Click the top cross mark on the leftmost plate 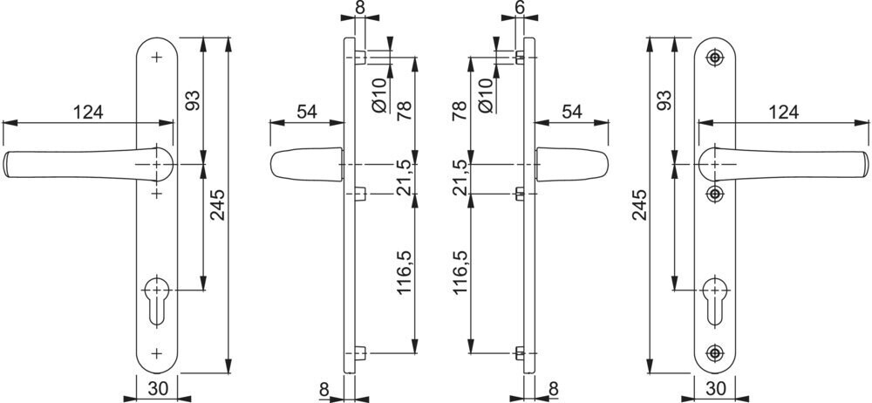157,58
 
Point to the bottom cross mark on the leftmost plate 157,353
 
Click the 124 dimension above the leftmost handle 88,112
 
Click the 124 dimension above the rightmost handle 783,112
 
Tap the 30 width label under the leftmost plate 159,388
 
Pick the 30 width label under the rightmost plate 715,388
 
